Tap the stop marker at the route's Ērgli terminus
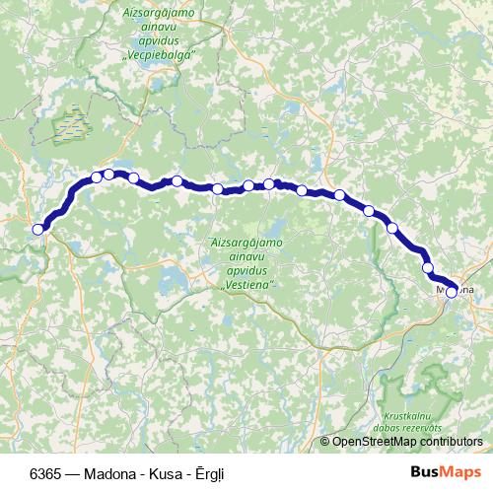click(38, 230)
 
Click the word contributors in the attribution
click(449, 443)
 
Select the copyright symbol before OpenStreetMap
click(324, 443)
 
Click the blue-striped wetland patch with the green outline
click(69, 123)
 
